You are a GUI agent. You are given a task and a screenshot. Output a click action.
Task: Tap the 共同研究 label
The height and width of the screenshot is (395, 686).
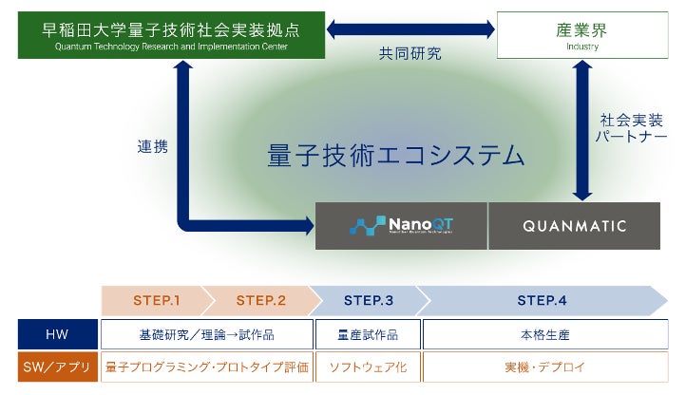(x=410, y=54)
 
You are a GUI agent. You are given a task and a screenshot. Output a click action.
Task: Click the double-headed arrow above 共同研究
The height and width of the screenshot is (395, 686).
(x=410, y=29)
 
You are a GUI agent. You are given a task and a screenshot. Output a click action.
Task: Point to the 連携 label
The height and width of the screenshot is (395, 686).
(x=153, y=147)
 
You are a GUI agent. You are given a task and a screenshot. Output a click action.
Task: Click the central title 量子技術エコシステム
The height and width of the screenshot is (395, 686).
(x=396, y=155)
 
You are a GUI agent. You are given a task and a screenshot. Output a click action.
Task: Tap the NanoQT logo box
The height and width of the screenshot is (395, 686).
(x=401, y=225)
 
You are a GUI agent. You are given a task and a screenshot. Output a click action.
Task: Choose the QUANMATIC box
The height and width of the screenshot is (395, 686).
(x=574, y=225)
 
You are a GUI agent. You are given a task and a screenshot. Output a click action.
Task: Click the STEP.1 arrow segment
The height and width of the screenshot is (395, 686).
(x=155, y=300)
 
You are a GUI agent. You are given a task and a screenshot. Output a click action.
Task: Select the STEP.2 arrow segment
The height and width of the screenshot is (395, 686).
(x=259, y=300)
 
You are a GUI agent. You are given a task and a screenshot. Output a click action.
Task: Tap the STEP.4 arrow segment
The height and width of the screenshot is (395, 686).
(x=542, y=300)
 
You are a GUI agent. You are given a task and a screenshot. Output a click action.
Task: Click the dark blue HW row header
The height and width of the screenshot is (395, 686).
(x=58, y=334)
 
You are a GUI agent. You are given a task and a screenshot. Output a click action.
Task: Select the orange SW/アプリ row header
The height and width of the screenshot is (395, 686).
(x=58, y=367)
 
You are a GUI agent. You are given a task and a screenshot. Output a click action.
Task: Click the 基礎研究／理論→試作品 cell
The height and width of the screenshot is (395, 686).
(x=207, y=334)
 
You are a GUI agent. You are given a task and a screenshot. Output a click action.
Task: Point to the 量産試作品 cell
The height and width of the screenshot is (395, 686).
(x=367, y=334)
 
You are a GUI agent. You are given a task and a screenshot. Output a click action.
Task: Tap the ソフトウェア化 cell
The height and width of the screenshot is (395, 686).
(x=367, y=367)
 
